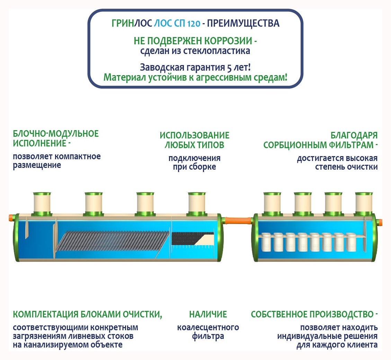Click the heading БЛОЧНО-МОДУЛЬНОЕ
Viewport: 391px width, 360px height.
click(56, 134)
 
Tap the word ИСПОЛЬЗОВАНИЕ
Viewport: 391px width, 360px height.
click(194, 135)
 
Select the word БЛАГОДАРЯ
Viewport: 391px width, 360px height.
click(354, 135)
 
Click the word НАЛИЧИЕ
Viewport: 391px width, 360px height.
click(208, 314)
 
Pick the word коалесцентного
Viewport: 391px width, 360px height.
click(208, 327)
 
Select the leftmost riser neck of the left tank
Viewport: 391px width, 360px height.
click(42, 203)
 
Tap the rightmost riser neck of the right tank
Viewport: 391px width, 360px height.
click(364, 203)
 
